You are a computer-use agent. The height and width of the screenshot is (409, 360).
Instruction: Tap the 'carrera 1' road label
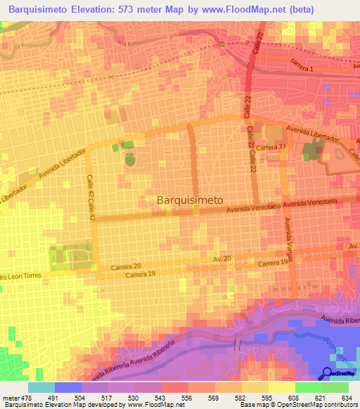pyautogui.click(x=300, y=63)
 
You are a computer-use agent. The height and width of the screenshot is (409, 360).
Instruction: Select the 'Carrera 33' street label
pyautogui.click(x=271, y=148)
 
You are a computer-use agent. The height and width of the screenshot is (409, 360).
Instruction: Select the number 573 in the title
pyautogui.click(x=123, y=9)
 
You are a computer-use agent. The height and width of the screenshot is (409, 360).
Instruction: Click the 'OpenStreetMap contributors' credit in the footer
pyautogui.click(x=309, y=405)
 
